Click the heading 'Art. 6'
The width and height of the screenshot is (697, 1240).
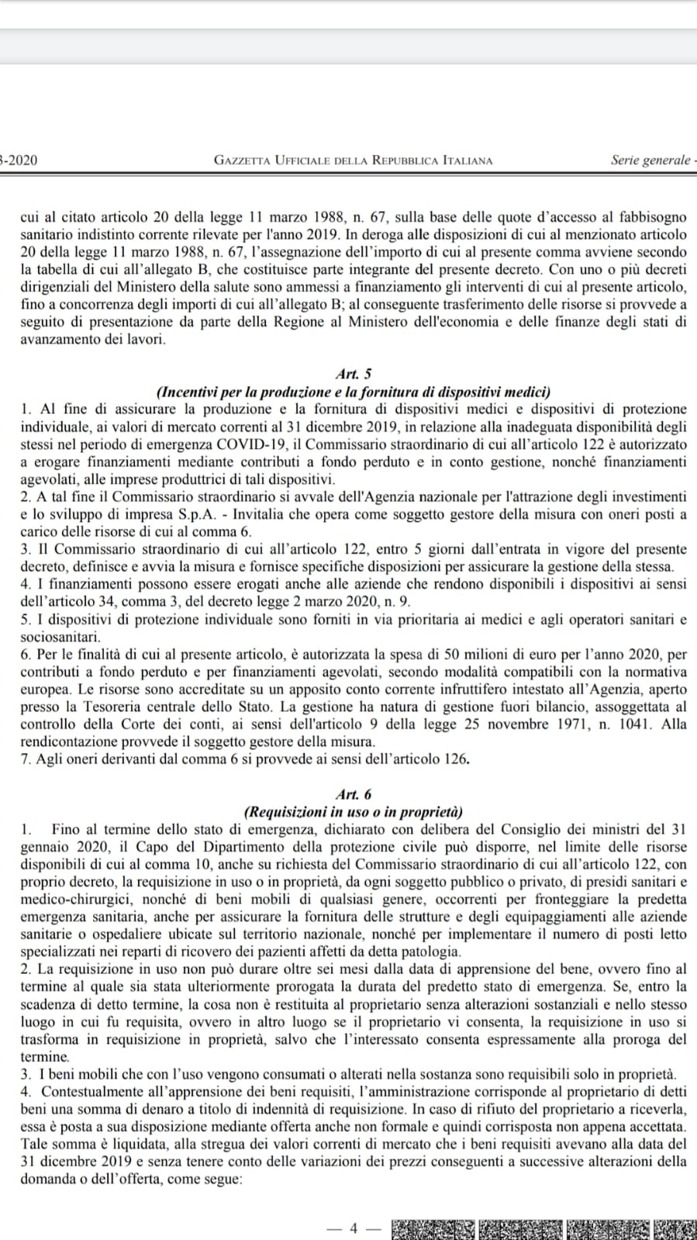click(354, 794)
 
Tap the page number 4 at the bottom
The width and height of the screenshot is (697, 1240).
click(353, 1228)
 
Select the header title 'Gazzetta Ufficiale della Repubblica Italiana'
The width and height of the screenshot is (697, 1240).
click(353, 161)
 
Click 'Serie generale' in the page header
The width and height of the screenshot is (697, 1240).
click(650, 160)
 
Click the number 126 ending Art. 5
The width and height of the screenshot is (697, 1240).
click(456, 758)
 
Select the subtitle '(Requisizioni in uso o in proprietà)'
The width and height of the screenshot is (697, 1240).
click(354, 812)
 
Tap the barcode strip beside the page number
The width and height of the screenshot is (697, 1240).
click(543, 1228)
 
